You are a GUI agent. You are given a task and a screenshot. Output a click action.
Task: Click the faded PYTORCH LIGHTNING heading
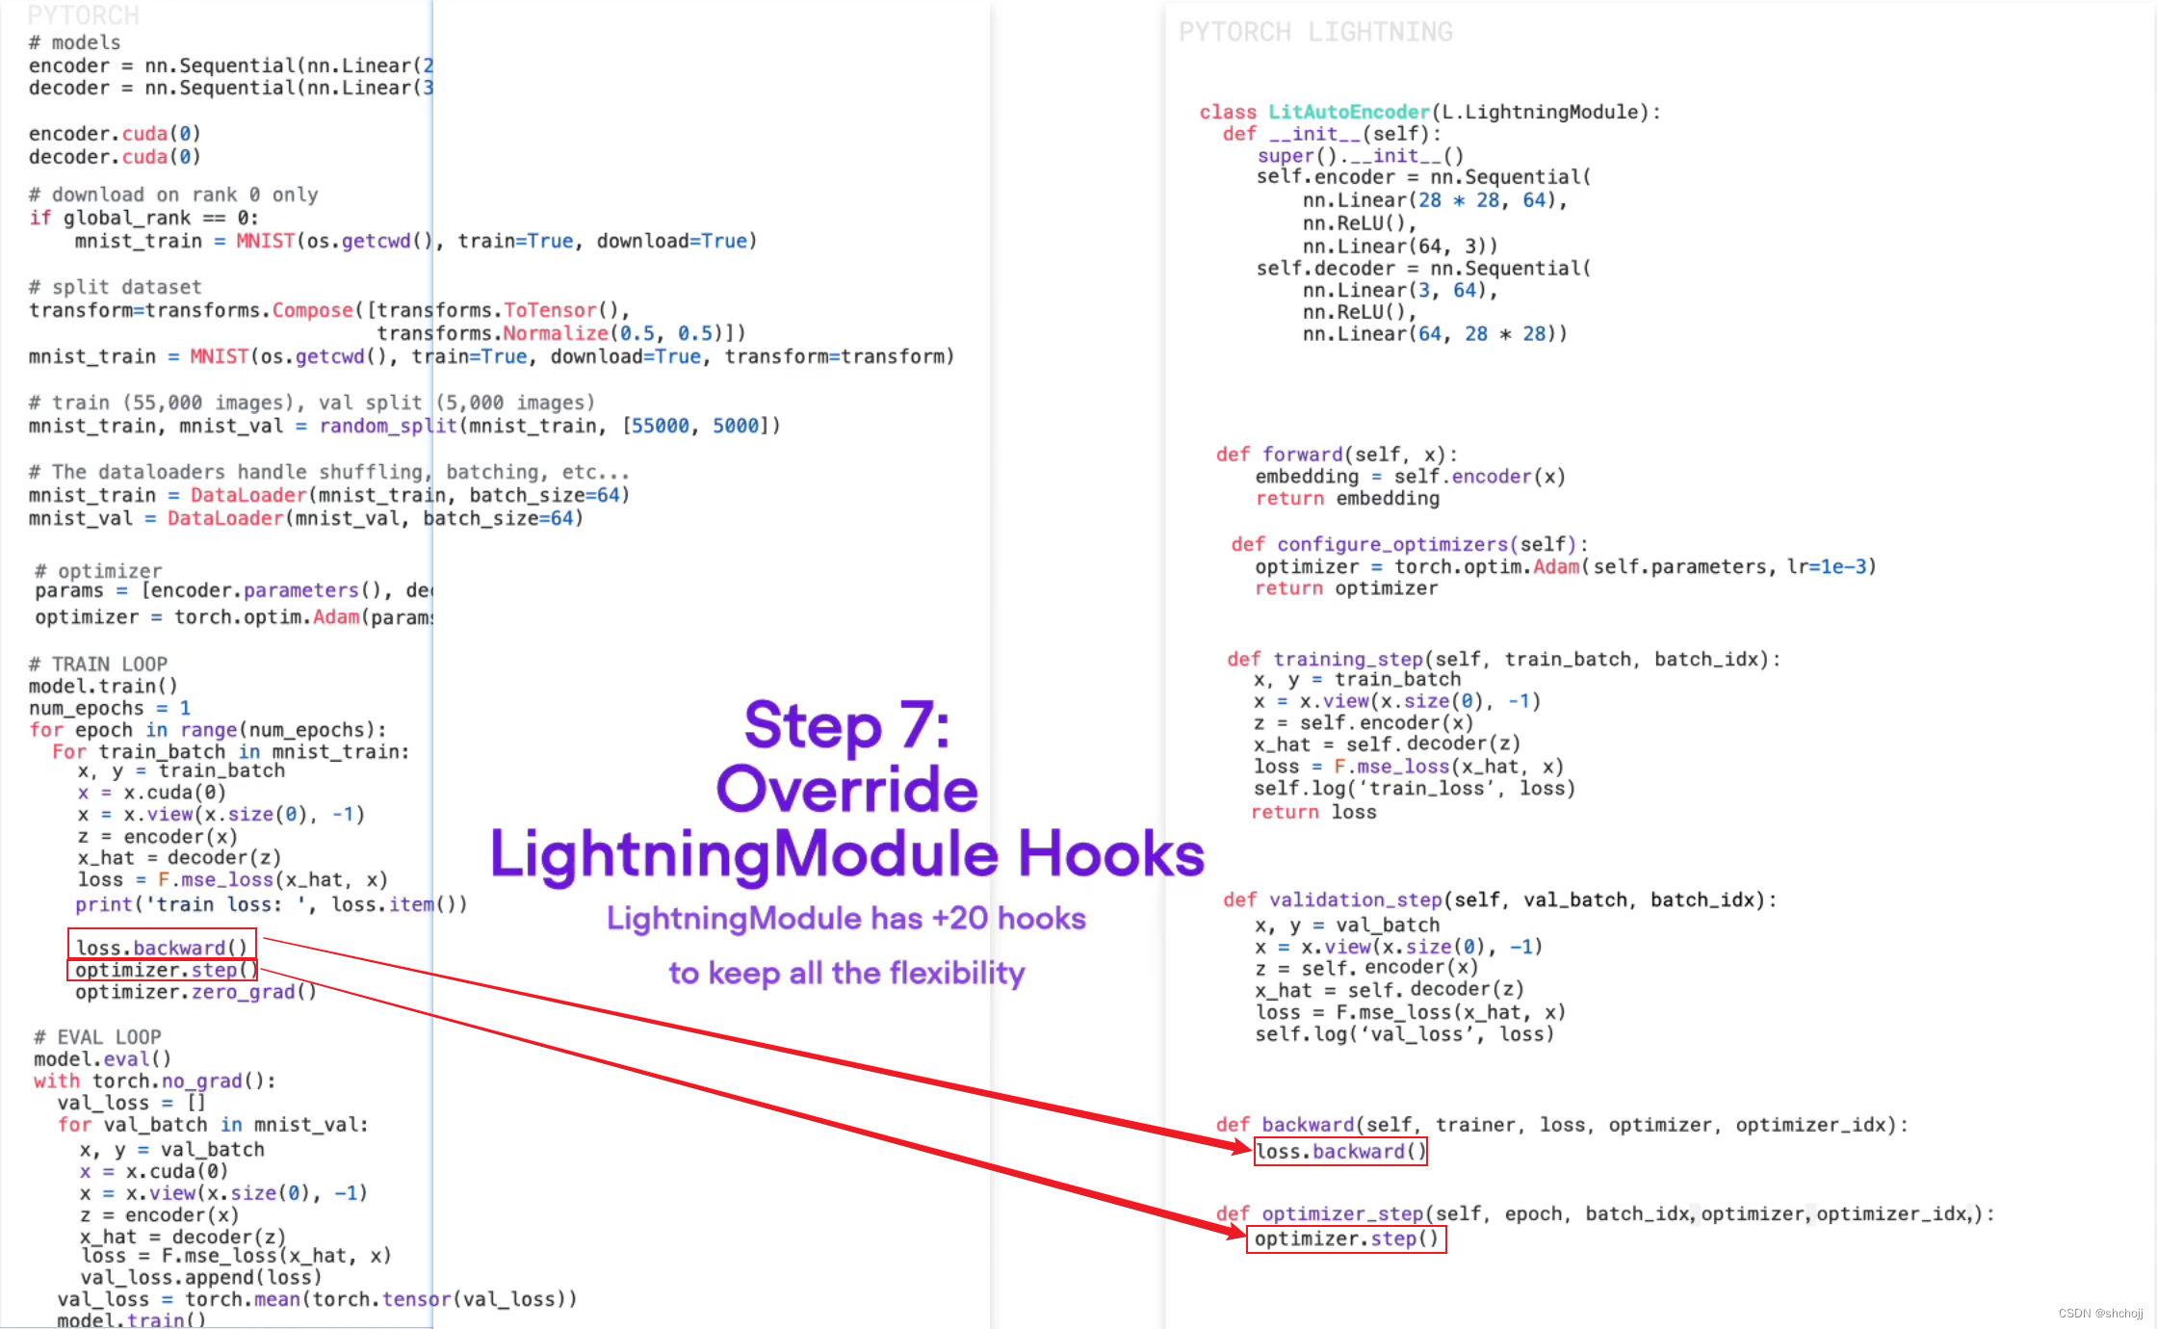click(1315, 33)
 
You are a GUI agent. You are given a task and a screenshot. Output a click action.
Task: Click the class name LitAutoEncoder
click(1348, 112)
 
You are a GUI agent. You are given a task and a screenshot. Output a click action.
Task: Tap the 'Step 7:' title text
click(846, 724)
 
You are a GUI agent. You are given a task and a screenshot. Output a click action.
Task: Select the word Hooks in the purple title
click(1111, 853)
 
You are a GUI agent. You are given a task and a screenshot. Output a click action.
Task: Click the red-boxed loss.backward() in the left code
click(162, 947)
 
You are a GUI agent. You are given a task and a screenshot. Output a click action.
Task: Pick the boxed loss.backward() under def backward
click(1340, 1151)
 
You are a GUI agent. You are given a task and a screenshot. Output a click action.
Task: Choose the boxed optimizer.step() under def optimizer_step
click(1346, 1238)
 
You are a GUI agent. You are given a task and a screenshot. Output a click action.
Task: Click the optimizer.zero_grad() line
click(195, 992)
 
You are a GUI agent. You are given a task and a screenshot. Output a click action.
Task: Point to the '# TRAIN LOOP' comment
click(98, 664)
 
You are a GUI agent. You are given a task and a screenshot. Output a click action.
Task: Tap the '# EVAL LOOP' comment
click(98, 1036)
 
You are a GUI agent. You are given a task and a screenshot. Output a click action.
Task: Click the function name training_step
click(1348, 659)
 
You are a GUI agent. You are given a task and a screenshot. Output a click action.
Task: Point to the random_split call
click(388, 426)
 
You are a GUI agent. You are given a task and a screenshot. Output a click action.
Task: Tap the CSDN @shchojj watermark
click(2100, 1313)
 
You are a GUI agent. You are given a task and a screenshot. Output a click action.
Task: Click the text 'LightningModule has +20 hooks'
click(846, 918)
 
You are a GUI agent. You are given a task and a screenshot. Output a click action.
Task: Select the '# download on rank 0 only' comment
click(173, 195)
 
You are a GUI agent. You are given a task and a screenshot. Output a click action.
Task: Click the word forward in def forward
click(1302, 454)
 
